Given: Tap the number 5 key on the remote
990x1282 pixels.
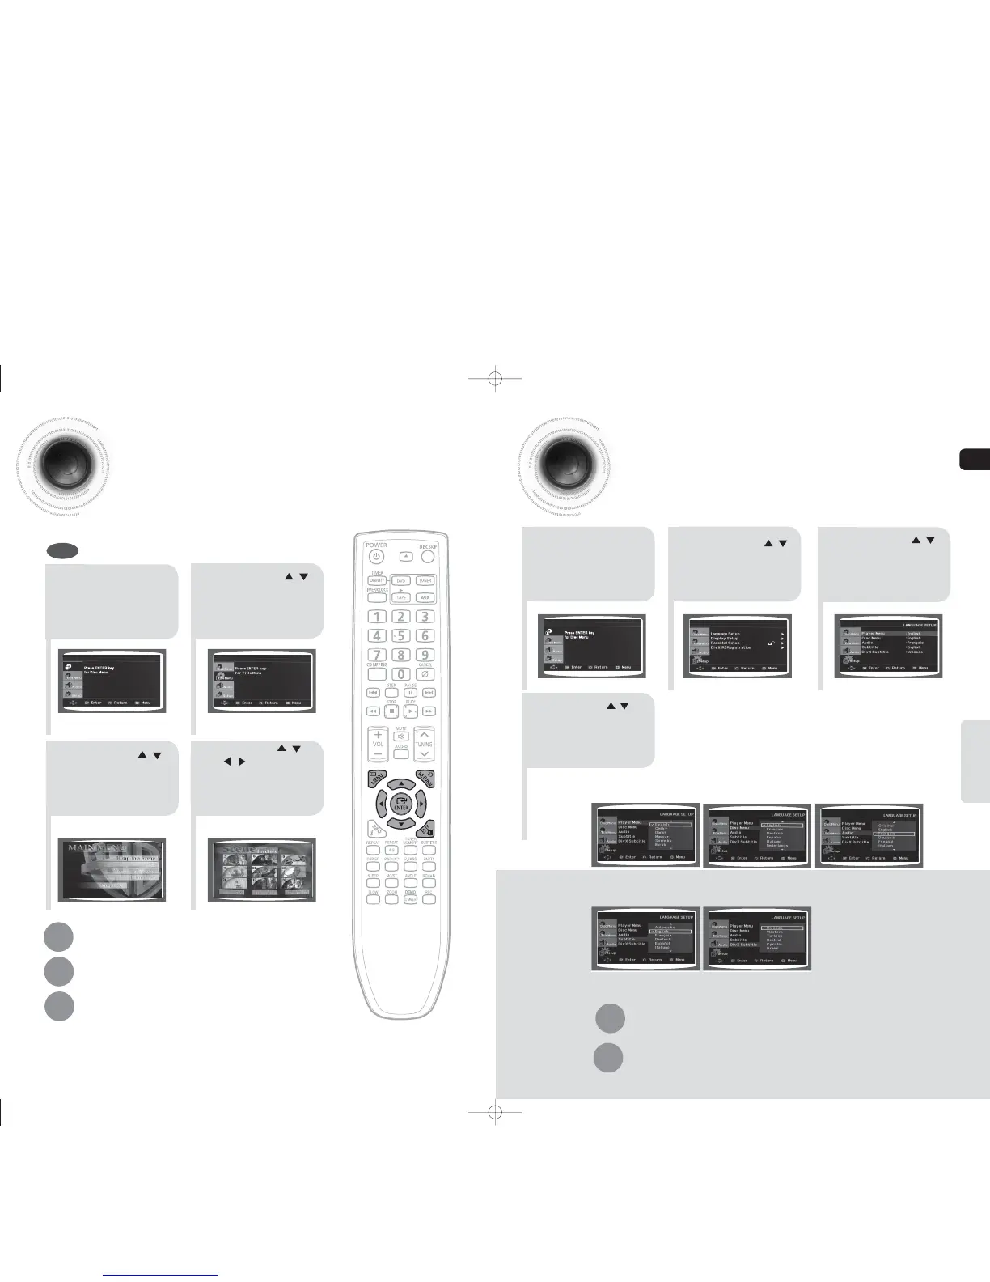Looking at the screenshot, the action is pyautogui.click(x=400, y=636).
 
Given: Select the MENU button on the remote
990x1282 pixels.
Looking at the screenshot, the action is pyautogui.click(x=376, y=782).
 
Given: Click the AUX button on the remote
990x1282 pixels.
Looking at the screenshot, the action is pyautogui.click(x=425, y=597).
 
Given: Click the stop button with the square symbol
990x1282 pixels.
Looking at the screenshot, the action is pyautogui.click(x=391, y=711).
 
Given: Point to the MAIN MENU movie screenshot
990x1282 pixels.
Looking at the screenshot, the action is pyautogui.click(x=112, y=870).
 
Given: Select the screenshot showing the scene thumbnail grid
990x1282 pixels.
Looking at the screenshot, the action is pyautogui.click(x=261, y=870).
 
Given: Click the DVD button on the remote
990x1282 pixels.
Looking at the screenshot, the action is pyautogui.click(x=400, y=580).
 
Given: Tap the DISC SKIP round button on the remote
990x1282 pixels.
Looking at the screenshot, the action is pyautogui.click(x=427, y=558).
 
